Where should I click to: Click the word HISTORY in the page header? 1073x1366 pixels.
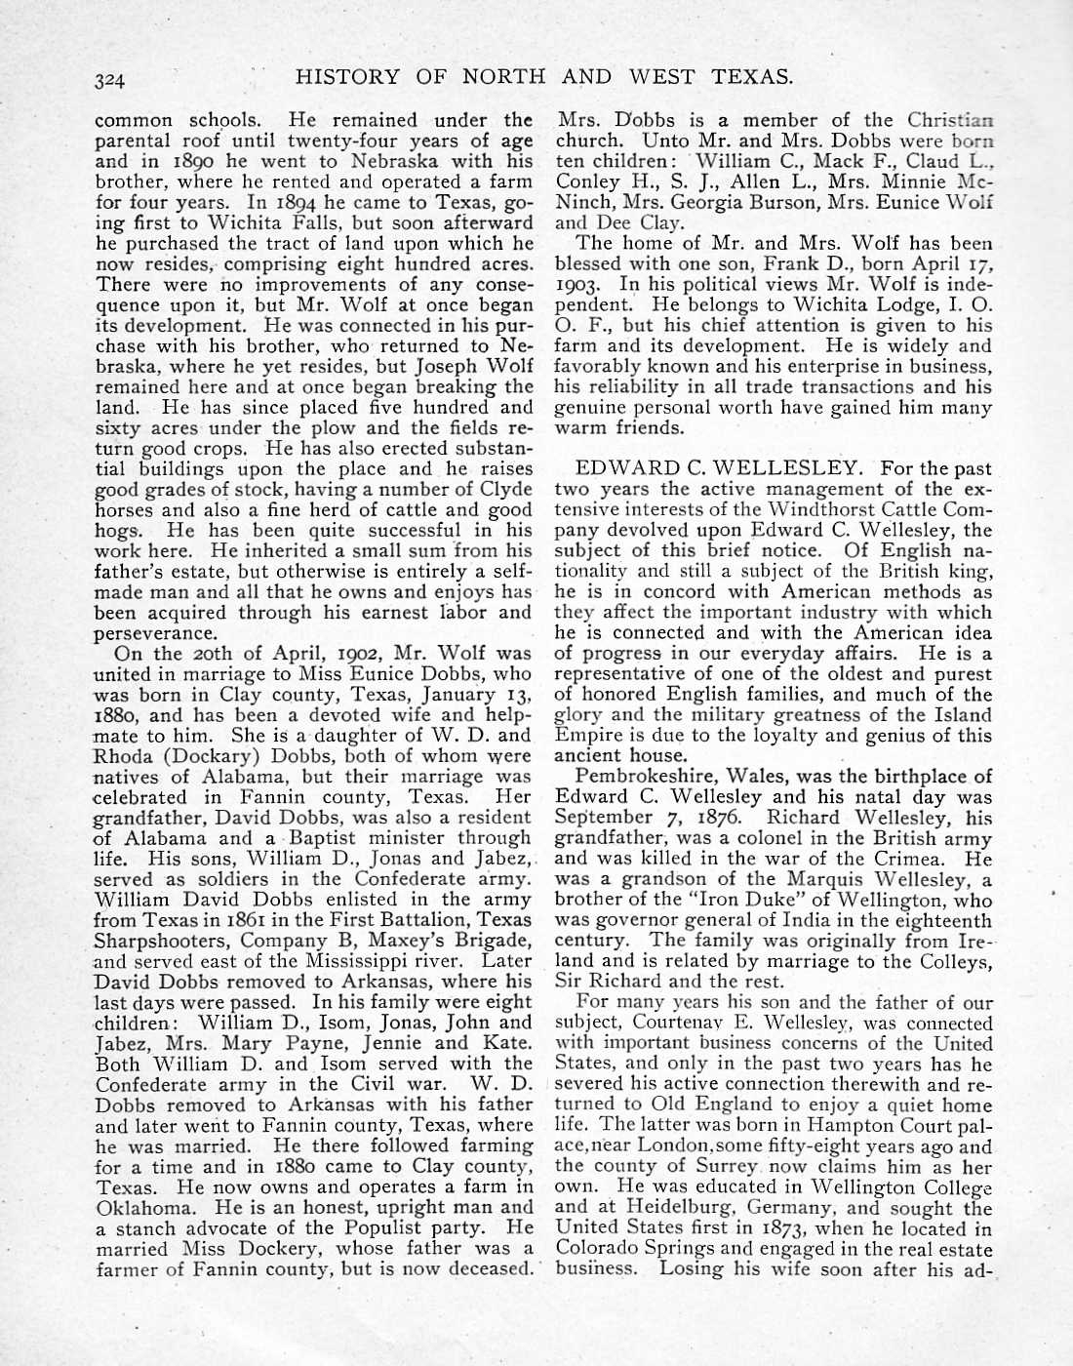[346, 77]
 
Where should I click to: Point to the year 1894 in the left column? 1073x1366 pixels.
[282, 202]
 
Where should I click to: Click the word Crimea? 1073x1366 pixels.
[915, 859]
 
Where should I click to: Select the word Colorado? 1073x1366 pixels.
[596, 1249]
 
